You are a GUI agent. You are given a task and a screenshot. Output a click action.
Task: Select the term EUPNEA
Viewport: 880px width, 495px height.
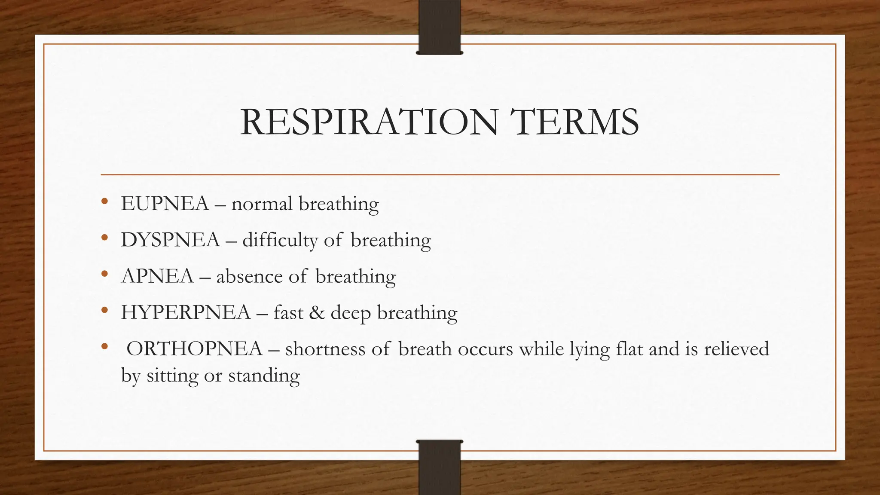165,204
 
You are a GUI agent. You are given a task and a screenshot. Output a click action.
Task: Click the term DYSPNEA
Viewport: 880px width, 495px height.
170,240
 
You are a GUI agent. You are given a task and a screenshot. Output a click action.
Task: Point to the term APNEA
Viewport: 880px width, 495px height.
158,276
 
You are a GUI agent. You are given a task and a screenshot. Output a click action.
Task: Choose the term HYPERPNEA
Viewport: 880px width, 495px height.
186,312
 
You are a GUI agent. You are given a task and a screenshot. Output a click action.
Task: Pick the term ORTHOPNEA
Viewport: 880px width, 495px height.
194,348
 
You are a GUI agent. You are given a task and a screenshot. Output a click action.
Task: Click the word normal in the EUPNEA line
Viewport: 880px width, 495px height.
262,204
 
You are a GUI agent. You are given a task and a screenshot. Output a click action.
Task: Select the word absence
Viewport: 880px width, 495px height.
249,276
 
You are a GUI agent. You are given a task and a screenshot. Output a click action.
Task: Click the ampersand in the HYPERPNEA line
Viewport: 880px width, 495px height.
317,312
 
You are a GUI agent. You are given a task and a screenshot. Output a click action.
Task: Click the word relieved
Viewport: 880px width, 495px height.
736,348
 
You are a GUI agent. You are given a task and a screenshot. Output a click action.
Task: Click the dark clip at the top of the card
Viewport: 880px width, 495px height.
440,27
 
